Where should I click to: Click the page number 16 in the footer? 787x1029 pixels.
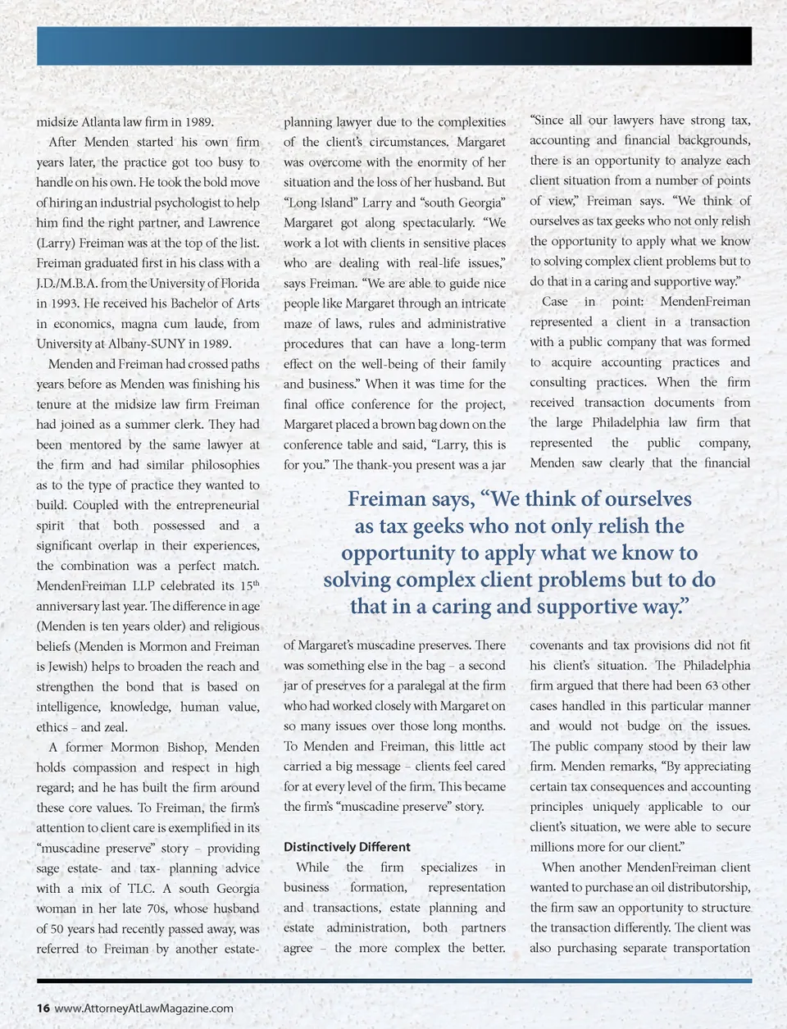43,1009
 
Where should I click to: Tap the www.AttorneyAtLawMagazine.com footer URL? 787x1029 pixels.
143,1009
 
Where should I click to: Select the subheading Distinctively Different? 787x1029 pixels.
347,847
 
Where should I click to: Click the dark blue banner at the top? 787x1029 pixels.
393,45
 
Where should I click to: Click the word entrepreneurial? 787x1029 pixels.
205,505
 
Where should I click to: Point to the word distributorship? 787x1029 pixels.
706,887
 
